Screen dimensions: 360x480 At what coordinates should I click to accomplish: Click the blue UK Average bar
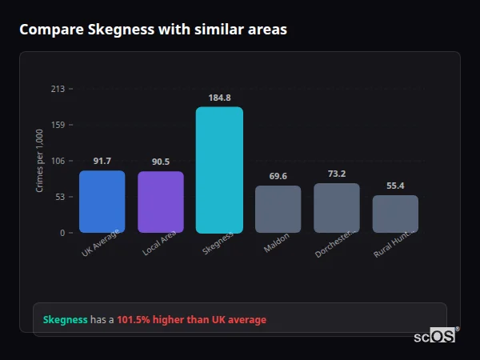click(x=102, y=202)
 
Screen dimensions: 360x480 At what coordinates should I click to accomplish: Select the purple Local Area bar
click(x=161, y=202)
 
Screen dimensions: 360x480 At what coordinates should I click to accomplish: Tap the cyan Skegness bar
click(x=219, y=170)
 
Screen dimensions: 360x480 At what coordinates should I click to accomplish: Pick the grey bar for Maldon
click(x=278, y=210)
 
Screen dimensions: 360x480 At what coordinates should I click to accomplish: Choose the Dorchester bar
click(x=337, y=208)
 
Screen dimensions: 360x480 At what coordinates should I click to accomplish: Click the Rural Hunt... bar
click(x=395, y=214)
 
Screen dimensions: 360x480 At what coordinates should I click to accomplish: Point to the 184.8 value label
click(x=219, y=98)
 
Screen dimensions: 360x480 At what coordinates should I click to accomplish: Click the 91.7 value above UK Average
click(x=102, y=161)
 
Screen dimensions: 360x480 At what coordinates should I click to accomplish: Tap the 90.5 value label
click(x=161, y=162)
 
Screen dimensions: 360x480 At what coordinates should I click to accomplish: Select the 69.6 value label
click(x=278, y=176)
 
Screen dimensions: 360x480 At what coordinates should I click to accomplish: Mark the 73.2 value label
click(x=337, y=174)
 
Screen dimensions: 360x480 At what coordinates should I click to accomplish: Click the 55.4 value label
click(x=395, y=186)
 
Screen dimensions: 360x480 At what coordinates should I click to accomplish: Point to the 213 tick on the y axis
click(x=58, y=89)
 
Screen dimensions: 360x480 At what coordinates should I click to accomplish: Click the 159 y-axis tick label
click(x=58, y=125)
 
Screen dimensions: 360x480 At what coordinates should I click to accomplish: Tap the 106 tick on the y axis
click(x=58, y=161)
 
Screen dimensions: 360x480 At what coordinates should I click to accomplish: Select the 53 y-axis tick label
click(x=59, y=197)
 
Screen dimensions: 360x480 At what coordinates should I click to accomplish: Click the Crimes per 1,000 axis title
click(x=39, y=161)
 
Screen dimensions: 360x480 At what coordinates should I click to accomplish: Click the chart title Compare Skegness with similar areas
click(x=153, y=30)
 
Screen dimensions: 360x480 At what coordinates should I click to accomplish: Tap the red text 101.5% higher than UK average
click(x=191, y=320)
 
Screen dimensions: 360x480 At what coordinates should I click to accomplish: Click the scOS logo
click(x=435, y=336)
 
